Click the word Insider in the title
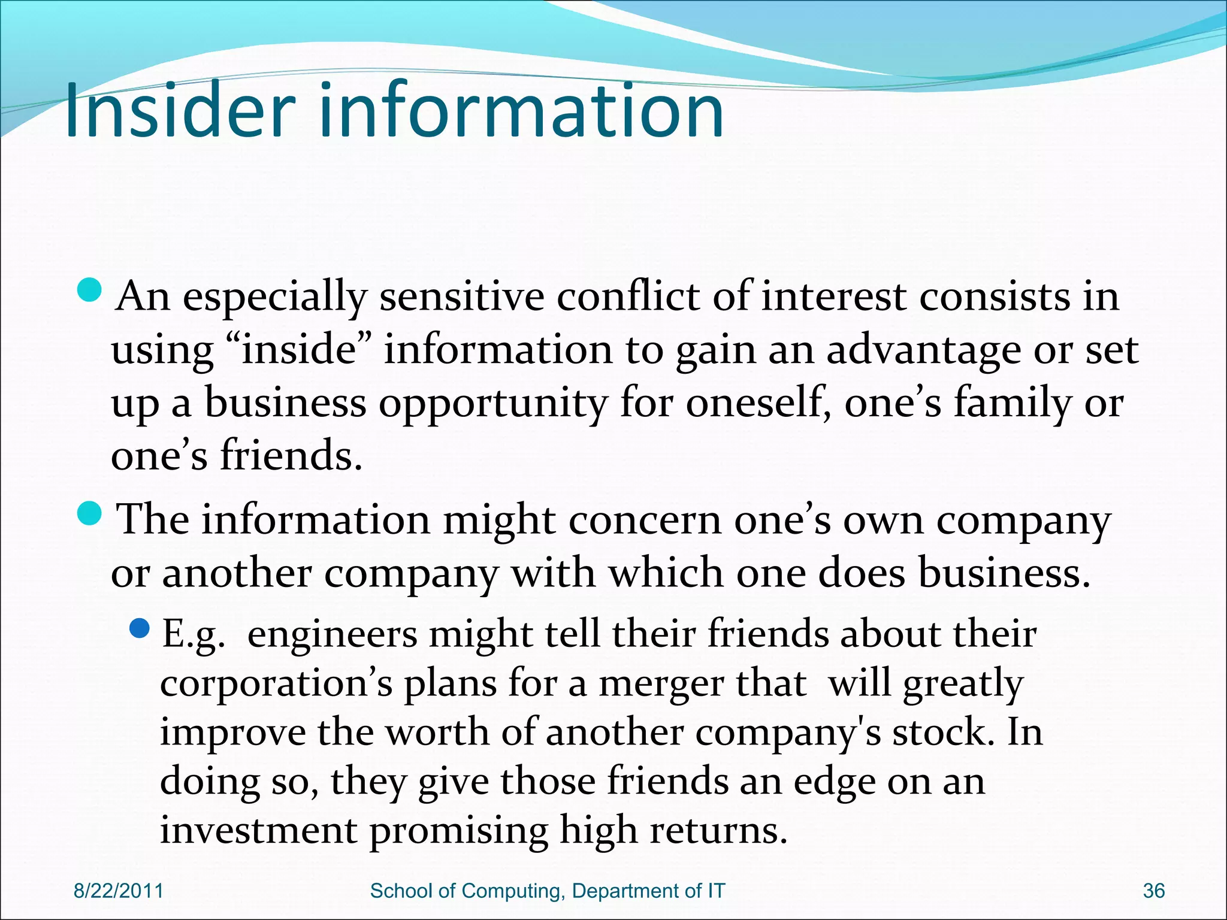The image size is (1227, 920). pyautogui.click(x=180, y=111)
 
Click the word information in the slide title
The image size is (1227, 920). pyautogui.click(x=521, y=111)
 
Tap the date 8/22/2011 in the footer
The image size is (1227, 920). pyautogui.click(x=118, y=891)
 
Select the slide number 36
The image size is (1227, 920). pyautogui.click(x=1153, y=891)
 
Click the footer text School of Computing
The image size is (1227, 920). pyautogui.click(x=467, y=891)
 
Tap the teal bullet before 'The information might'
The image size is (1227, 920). pyautogui.click(x=91, y=514)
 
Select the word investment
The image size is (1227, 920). pyautogui.click(x=258, y=831)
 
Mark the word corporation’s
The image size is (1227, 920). pyautogui.click(x=276, y=683)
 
